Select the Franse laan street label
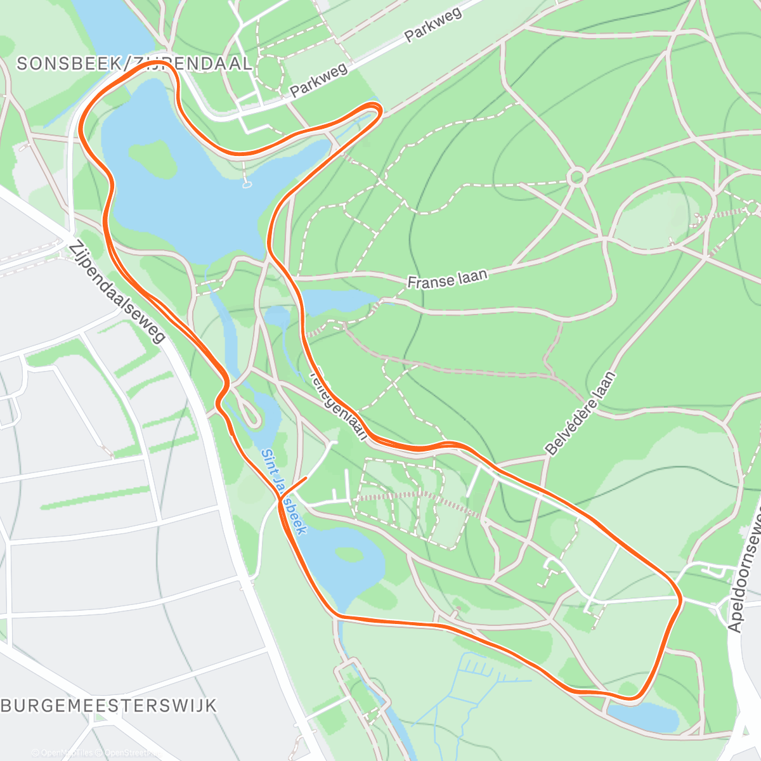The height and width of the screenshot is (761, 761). click(x=447, y=279)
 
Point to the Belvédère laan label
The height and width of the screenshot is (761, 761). click(x=580, y=413)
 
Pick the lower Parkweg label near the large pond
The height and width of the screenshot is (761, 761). click(x=319, y=81)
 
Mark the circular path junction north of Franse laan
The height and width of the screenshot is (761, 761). click(x=576, y=177)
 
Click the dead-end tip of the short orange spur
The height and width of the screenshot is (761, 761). click(x=306, y=478)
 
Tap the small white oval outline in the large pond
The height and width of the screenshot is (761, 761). click(x=247, y=185)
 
